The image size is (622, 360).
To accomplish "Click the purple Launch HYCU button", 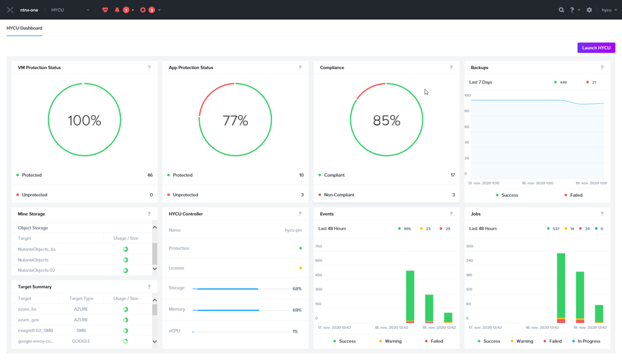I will (x=596, y=48).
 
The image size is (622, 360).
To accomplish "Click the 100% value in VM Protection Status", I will (x=85, y=120).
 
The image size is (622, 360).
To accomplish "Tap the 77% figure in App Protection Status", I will (x=235, y=120).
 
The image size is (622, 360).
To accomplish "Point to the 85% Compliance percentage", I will (x=386, y=120).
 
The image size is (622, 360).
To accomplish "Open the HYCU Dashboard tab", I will (x=24, y=28).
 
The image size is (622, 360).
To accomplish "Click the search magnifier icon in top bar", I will (x=561, y=10).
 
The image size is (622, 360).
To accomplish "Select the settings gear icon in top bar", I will (x=589, y=10).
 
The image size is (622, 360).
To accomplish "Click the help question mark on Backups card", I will (x=601, y=67).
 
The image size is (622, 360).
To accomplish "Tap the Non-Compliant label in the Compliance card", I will (x=339, y=195).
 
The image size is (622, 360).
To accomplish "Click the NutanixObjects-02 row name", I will (x=37, y=270).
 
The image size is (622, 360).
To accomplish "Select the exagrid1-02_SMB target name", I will (x=35, y=331).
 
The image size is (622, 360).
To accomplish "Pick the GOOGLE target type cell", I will (x=81, y=341).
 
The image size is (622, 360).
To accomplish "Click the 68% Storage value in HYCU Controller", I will (x=297, y=289).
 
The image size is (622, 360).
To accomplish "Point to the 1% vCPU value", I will (x=295, y=331).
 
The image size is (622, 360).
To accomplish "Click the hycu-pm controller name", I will (x=293, y=230).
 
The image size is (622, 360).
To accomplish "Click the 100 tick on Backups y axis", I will (x=468, y=95).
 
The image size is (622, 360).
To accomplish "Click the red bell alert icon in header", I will (x=117, y=10).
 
